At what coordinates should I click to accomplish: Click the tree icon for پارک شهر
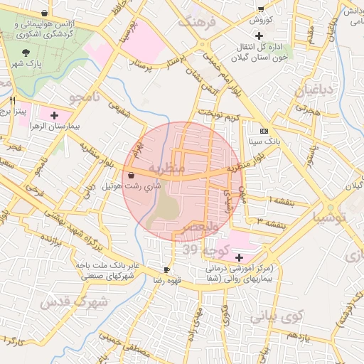click(26, 53)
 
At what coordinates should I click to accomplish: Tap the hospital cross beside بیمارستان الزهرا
click(54, 114)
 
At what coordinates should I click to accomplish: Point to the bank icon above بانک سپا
click(264, 131)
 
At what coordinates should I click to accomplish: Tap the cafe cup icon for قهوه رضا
click(166, 270)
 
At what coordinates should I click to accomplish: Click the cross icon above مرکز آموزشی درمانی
click(239, 257)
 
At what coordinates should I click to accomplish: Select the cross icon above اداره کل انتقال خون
click(259, 36)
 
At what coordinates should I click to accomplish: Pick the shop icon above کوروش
click(261, 9)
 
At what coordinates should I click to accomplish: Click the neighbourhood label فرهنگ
click(195, 21)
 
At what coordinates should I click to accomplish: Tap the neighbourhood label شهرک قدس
click(75, 302)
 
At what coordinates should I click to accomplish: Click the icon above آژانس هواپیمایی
click(45, 13)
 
